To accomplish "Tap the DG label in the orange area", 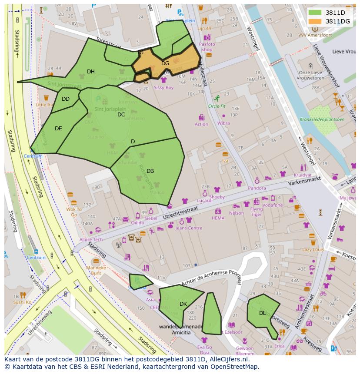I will coord(165,63).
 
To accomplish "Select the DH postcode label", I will coord(90,72).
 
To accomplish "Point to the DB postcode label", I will coord(150,171).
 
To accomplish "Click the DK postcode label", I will coord(183,304).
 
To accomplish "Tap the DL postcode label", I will coord(262,313).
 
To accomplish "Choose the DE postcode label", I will coord(58,129).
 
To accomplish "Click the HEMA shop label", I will coord(218,218).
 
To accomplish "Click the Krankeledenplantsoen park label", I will coord(322,119).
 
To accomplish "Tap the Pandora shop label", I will coord(257,188).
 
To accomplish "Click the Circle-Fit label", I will coord(217,106).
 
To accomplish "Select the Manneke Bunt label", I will coord(96,271).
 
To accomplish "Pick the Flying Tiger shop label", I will coord(257,212).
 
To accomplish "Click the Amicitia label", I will coord(181,332).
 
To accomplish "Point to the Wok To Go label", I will coord(73,212).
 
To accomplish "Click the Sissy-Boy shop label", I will coord(163,88).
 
